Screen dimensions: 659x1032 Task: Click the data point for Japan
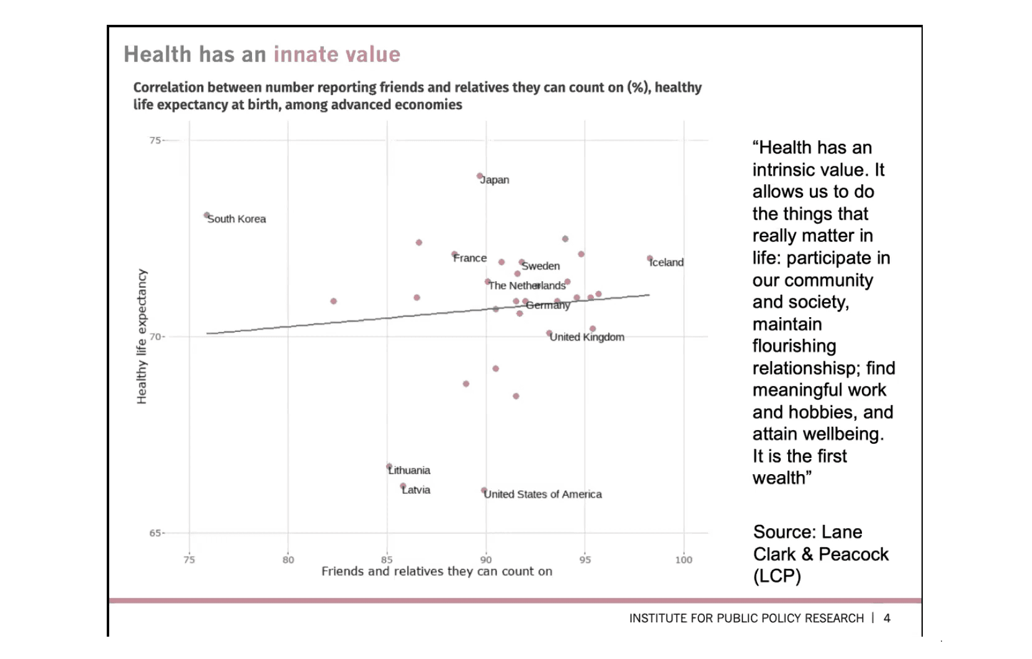(x=480, y=176)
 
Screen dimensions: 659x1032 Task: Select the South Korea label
(x=236, y=219)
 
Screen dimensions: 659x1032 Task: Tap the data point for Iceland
(x=650, y=258)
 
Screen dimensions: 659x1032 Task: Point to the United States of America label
(x=542, y=495)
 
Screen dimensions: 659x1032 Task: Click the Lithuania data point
(x=389, y=466)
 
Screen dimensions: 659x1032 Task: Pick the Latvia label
(x=416, y=490)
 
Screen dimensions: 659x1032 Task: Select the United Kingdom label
(x=586, y=337)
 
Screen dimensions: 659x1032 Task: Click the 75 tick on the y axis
(x=155, y=140)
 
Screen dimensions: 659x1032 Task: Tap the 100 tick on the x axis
(x=683, y=560)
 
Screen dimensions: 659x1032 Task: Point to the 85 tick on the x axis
(x=387, y=560)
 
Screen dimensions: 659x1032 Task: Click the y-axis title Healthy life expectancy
(x=142, y=336)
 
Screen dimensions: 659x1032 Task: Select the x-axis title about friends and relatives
(x=436, y=572)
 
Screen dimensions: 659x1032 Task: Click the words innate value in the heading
(x=337, y=55)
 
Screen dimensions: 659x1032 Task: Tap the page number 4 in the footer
(x=887, y=618)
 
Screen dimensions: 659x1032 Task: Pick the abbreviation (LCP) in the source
(x=777, y=576)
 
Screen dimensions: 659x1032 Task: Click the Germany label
(x=547, y=305)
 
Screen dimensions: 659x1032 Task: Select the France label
(x=470, y=258)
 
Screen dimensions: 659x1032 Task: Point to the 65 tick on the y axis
(x=155, y=533)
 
